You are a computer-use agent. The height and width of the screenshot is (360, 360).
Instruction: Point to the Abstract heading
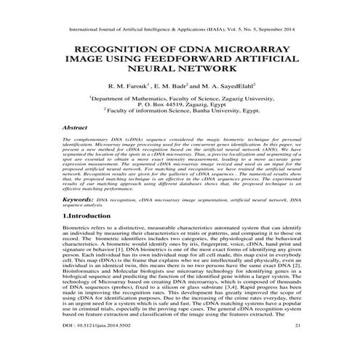[x=75, y=127]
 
